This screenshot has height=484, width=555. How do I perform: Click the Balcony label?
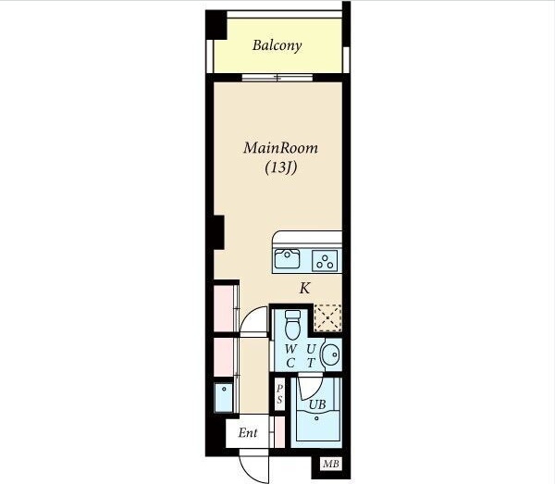(277, 45)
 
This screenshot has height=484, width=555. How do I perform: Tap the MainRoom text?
(280, 148)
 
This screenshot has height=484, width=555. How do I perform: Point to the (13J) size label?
(280, 168)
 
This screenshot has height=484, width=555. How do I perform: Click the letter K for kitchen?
(304, 288)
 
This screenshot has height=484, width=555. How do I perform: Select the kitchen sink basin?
(288, 258)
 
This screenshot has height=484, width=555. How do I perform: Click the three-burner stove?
(325, 261)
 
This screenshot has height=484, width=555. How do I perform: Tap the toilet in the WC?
(292, 325)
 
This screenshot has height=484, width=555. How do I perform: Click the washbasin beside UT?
(331, 354)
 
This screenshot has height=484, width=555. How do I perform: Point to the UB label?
(317, 404)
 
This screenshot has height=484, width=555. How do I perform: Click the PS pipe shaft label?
(279, 394)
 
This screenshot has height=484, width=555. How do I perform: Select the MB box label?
(331, 464)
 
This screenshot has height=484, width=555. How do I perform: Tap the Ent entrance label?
(248, 433)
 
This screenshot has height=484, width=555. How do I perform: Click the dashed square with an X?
(328, 317)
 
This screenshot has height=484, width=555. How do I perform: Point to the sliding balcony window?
(277, 78)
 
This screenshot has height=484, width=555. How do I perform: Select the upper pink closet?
(224, 308)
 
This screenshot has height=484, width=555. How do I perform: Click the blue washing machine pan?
(224, 397)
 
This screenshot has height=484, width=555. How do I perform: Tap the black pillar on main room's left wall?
(219, 232)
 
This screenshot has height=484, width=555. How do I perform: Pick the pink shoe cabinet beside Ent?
(279, 432)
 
